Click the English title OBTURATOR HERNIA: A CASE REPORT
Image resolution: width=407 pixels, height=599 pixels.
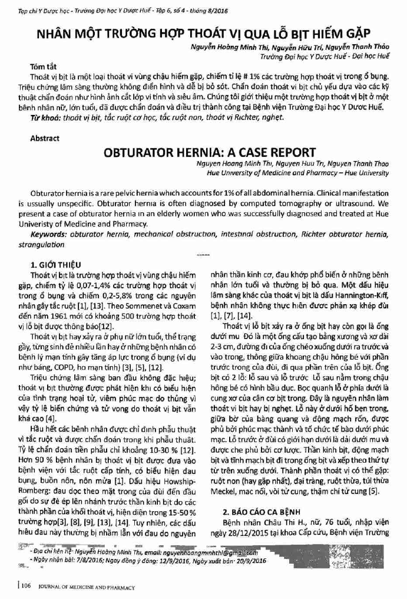pyautogui.click(x=210, y=152)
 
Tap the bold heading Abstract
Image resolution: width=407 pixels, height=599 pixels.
pyautogui.click(x=45, y=139)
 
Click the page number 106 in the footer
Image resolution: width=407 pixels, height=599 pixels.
pyautogui.click(x=26, y=587)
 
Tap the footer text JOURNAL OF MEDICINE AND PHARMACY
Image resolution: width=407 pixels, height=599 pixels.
pyautogui.click(x=86, y=587)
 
